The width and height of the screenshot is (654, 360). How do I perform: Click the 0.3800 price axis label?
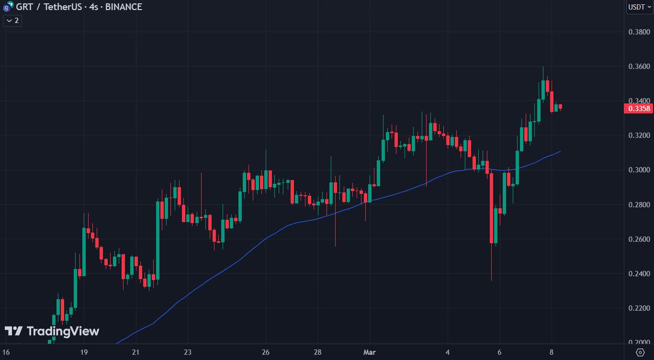[639, 32]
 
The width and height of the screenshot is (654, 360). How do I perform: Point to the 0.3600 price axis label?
[639, 67]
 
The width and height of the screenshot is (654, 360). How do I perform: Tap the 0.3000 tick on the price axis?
[639, 170]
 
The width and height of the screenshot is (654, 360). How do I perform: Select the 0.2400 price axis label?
[639, 274]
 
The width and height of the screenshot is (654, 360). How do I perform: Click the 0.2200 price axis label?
[639, 308]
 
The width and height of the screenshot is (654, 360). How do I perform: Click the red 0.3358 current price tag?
[639, 109]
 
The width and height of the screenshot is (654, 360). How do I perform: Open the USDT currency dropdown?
[639, 7]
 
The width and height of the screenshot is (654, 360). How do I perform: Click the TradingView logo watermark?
[52, 331]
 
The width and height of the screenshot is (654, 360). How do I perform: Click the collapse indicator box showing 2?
[12, 21]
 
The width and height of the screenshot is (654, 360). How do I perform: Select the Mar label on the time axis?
[370, 352]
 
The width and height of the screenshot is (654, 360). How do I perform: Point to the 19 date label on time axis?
[84, 352]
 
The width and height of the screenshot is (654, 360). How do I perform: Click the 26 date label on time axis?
[266, 352]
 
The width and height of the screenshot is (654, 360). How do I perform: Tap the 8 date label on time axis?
[552, 352]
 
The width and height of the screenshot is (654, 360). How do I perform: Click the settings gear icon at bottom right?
[640, 352]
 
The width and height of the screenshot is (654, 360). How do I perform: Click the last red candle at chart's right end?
[560, 107]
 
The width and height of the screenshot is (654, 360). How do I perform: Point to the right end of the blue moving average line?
[560, 151]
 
